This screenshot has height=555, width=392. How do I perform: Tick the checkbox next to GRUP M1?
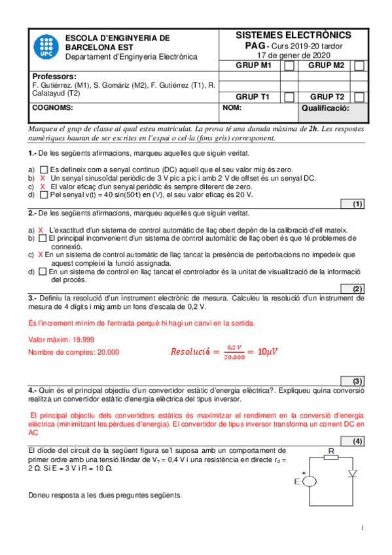point(289,66)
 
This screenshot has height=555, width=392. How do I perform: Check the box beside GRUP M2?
point(359,66)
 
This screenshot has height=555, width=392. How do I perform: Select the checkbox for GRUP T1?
point(289,97)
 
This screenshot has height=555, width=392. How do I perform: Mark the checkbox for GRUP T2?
point(359,97)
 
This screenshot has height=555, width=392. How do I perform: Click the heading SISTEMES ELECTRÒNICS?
point(293,35)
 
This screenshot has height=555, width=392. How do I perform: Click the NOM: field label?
point(232,107)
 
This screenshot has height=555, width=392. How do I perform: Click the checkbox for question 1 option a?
point(43,170)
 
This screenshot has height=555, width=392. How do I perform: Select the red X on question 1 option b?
point(43,178)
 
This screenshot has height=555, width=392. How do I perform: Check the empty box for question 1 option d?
point(43,195)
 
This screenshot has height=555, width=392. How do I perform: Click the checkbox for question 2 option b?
point(43,239)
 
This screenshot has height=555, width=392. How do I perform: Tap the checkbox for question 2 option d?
point(43,272)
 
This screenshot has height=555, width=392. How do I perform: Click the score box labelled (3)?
point(357,382)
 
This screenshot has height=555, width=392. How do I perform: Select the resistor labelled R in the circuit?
point(330,457)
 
